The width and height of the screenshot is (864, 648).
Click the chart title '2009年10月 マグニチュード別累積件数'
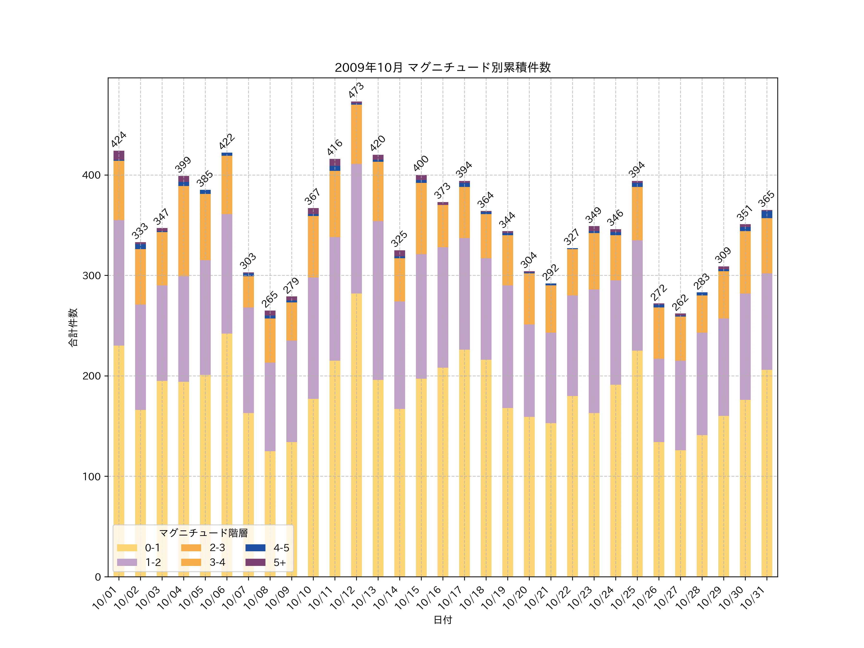443,68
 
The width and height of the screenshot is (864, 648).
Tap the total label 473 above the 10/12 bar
356,90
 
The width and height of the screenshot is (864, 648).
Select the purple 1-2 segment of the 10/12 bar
356,228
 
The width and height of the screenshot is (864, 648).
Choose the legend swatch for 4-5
255,548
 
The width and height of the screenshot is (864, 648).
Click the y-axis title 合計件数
73,327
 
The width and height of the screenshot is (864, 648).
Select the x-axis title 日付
443,620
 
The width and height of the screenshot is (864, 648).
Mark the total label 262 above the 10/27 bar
680,302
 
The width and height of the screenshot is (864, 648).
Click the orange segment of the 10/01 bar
119,191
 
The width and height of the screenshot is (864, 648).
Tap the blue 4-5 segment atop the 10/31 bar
767,214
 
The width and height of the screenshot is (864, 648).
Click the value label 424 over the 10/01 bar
119,139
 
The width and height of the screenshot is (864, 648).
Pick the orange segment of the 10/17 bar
464,212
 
